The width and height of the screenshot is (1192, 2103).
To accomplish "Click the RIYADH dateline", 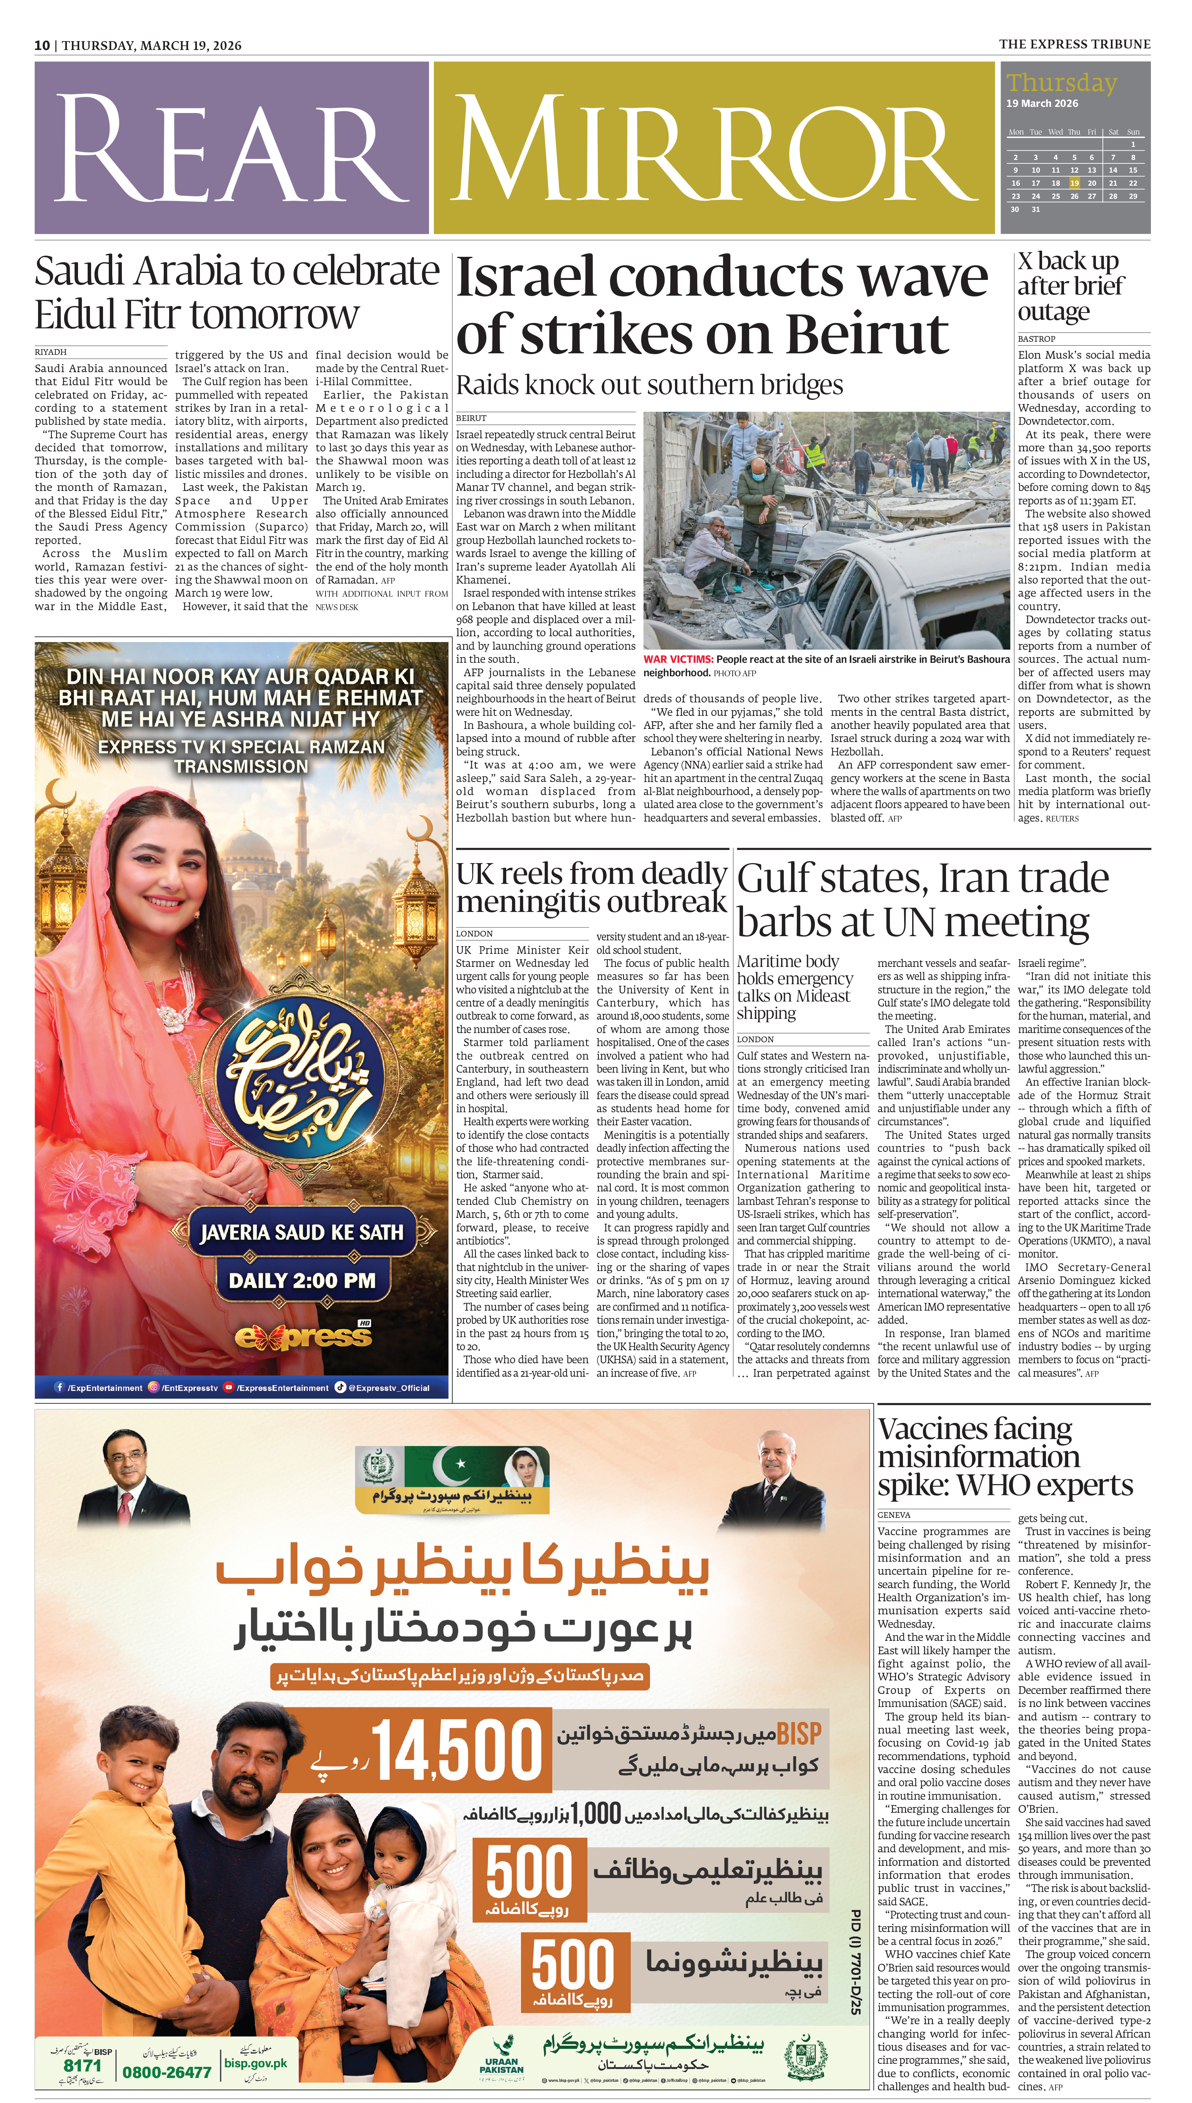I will (51, 352).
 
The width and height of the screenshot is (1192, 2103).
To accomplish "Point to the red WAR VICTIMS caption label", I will (678, 659).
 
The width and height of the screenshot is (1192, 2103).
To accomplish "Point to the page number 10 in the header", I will (42, 45).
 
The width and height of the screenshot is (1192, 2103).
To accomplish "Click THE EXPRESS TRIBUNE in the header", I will (1074, 44).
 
